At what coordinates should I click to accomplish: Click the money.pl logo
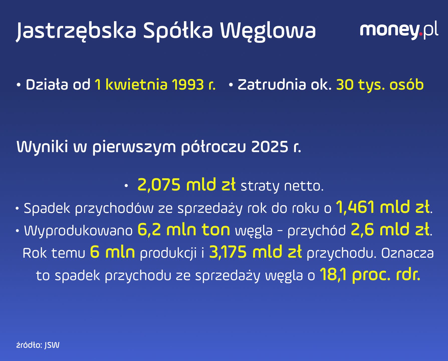(399, 31)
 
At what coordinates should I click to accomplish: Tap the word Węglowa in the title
(268, 31)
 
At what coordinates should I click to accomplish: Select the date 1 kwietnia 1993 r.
(155, 85)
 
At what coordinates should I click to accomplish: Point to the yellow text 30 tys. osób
(380, 85)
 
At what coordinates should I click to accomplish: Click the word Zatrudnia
(272, 85)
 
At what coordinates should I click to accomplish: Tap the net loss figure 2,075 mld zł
(186, 185)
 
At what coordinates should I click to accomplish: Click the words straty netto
(282, 186)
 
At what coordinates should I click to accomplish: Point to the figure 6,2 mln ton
(184, 230)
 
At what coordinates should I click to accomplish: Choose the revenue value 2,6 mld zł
(390, 230)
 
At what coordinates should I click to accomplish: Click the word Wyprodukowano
(78, 230)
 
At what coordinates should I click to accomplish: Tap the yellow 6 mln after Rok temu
(113, 252)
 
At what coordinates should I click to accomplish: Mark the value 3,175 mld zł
(255, 252)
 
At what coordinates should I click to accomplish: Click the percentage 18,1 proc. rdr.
(370, 275)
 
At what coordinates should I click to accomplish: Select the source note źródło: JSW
(38, 345)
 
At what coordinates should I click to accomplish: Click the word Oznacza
(407, 253)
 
